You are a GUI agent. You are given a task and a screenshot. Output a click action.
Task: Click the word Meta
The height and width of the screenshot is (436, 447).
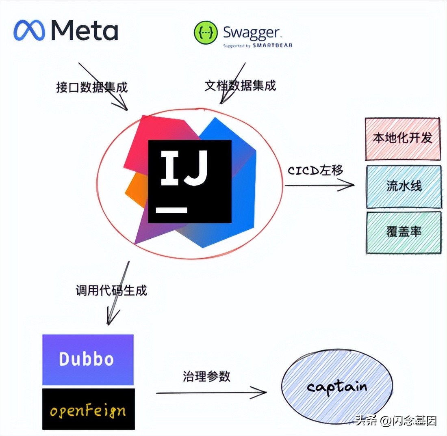pos(85,31)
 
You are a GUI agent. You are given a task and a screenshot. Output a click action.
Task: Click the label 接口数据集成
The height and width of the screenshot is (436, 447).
pos(91,87)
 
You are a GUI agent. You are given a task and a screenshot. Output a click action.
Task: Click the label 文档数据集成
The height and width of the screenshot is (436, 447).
pos(240,86)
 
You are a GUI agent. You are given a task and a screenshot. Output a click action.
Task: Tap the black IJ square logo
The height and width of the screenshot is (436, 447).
pos(190,181)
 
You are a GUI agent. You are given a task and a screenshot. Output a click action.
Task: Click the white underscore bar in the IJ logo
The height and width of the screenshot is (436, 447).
pos(172,210)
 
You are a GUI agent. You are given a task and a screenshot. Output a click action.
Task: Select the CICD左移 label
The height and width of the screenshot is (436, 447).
pos(316,170)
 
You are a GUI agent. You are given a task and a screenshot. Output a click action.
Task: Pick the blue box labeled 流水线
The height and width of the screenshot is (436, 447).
pos(404,186)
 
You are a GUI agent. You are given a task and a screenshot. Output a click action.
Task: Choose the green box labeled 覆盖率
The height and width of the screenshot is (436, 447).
pos(404,232)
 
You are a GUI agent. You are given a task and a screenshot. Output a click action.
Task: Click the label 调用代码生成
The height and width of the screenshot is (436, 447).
pos(111,291)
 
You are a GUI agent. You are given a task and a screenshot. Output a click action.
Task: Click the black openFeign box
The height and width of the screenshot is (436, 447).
pos(88,409)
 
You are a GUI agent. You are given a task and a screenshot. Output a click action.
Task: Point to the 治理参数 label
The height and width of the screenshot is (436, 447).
pos(206,376)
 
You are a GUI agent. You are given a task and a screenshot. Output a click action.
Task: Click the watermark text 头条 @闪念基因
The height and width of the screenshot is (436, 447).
pos(396,421)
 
